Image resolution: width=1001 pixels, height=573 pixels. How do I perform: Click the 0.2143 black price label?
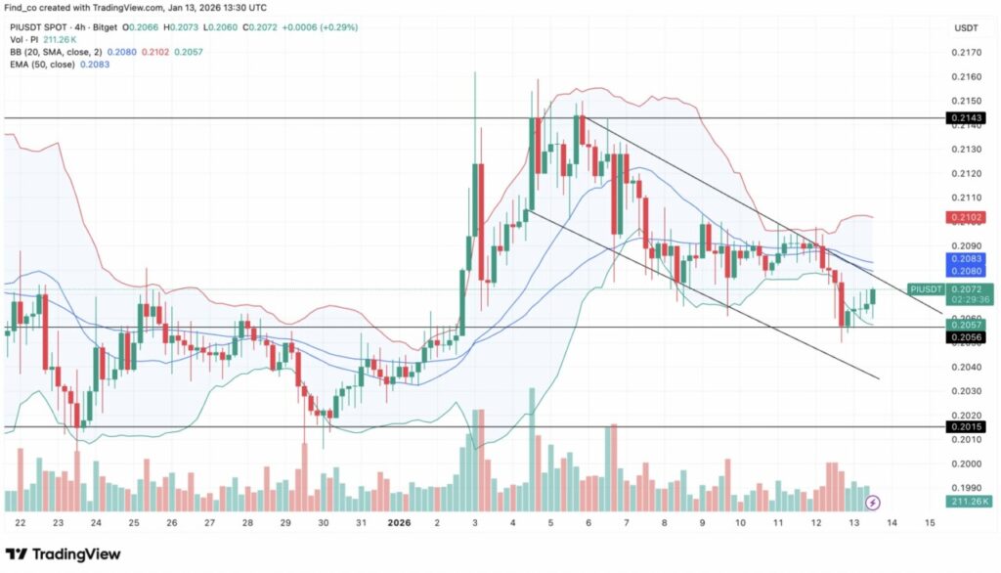tap(965, 118)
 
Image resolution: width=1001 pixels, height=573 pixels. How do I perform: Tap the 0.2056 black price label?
tap(965, 336)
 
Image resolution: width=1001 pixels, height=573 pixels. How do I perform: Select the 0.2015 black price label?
tap(965, 427)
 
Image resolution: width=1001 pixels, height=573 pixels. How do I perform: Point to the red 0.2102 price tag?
tap(965, 217)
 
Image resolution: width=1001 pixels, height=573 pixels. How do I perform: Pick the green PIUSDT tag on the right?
tap(925, 289)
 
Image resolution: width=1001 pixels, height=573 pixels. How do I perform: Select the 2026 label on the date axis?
tap(400, 522)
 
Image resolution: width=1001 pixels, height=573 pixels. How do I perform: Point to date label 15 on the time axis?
tap(929, 522)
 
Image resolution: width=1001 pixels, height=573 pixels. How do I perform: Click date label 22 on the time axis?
tap(21, 522)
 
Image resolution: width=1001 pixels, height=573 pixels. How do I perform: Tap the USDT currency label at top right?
tap(966, 28)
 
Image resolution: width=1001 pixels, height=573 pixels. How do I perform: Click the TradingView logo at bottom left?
tap(63, 554)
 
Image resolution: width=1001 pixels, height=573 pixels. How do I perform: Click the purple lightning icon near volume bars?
tap(874, 503)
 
